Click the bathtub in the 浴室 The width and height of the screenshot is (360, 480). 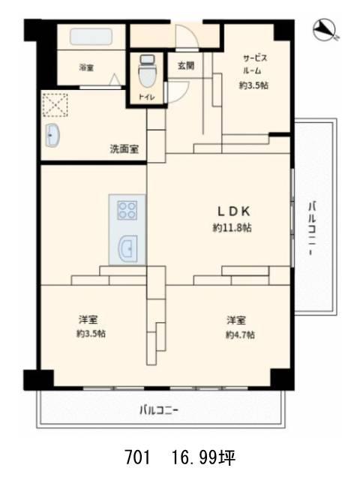(x=91, y=37)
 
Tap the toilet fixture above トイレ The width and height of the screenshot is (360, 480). (x=147, y=71)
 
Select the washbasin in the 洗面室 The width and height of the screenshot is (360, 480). (x=52, y=135)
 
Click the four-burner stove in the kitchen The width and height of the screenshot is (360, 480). (x=127, y=210)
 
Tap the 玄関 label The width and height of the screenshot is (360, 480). (x=186, y=65)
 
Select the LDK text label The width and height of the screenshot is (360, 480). (x=234, y=211)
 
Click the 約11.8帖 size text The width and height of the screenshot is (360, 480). (x=232, y=228)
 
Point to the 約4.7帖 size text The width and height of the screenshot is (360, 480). (x=240, y=334)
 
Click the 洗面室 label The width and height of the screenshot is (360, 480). (x=124, y=149)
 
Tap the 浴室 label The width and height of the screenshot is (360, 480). (x=86, y=67)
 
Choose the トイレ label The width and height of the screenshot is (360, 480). (x=147, y=97)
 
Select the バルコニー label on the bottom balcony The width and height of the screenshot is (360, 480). (x=158, y=410)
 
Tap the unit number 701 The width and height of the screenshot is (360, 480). (x=137, y=457)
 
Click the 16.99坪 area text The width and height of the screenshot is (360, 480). (x=203, y=457)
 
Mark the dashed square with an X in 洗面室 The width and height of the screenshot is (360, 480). (x=55, y=105)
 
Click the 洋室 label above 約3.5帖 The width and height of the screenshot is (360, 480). (x=88, y=320)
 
